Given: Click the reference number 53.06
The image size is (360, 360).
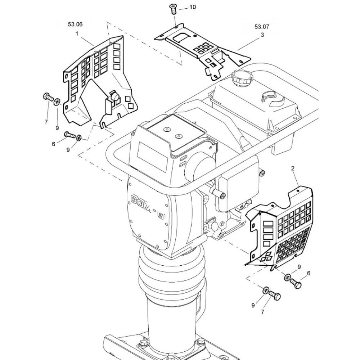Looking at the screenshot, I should point(75,24).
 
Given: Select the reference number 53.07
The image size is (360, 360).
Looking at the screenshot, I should point(262,27).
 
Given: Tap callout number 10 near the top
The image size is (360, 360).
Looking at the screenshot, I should point(193,7).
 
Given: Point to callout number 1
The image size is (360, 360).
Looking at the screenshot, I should point(77,33).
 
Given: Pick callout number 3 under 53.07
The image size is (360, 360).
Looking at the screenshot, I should point(262,35).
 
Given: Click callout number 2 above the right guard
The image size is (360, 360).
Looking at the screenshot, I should point(293,168).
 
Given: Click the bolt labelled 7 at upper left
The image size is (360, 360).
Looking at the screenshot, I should point(48,97).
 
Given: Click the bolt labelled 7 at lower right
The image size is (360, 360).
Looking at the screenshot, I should point(275,296).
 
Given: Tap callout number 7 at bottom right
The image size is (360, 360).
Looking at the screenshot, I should point(262,312).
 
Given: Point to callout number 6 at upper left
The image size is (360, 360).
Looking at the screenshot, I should point(53,144).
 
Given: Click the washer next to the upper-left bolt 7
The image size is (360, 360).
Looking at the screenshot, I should point(57,103).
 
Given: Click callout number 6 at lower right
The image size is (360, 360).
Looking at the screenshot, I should point(309,274).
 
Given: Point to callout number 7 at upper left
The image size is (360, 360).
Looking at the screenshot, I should point(46,122).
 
